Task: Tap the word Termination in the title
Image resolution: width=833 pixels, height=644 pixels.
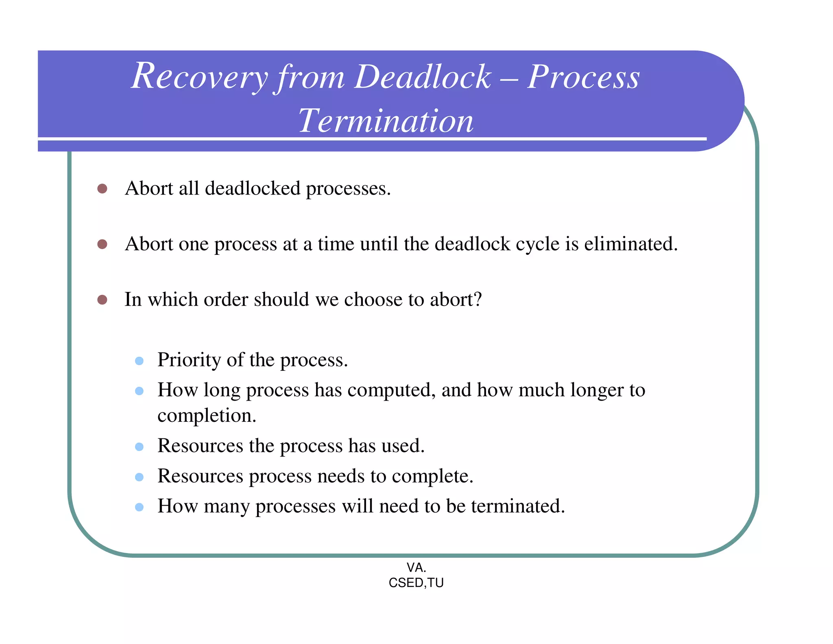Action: pyautogui.click(x=386, y=121)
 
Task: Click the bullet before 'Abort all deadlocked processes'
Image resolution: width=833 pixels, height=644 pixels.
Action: pyautogui.click(x=102, y=188)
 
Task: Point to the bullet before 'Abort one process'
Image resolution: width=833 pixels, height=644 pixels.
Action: pyautogui.click(x=102, y=244)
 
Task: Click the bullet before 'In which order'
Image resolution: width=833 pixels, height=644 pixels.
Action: pyautogui.click(x=102, y=300)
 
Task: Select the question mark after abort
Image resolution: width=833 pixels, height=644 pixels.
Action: pyautogui.click(x=478, y=300)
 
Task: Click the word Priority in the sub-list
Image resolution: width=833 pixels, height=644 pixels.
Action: pyautogui.click(x=189, y=360)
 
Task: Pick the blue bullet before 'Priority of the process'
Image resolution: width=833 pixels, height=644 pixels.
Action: pyautogui.click(x=139, y=361)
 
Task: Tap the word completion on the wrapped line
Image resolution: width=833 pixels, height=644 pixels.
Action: pyautogui.click(x=206, y=416)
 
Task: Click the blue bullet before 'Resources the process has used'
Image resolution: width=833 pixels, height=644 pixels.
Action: pyautogui.click(x=139, y=447)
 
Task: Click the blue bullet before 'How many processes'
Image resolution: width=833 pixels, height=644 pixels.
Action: pyautogui.click(x=139, y=507)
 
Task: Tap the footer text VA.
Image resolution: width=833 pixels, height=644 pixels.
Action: pyautogui.click(x=416, y=567)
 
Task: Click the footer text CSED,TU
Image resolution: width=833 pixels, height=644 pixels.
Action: pyautogui.click(x=416, y=583)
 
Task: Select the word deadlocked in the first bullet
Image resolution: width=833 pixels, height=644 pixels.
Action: pyautogui.click(x=252, y=188)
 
